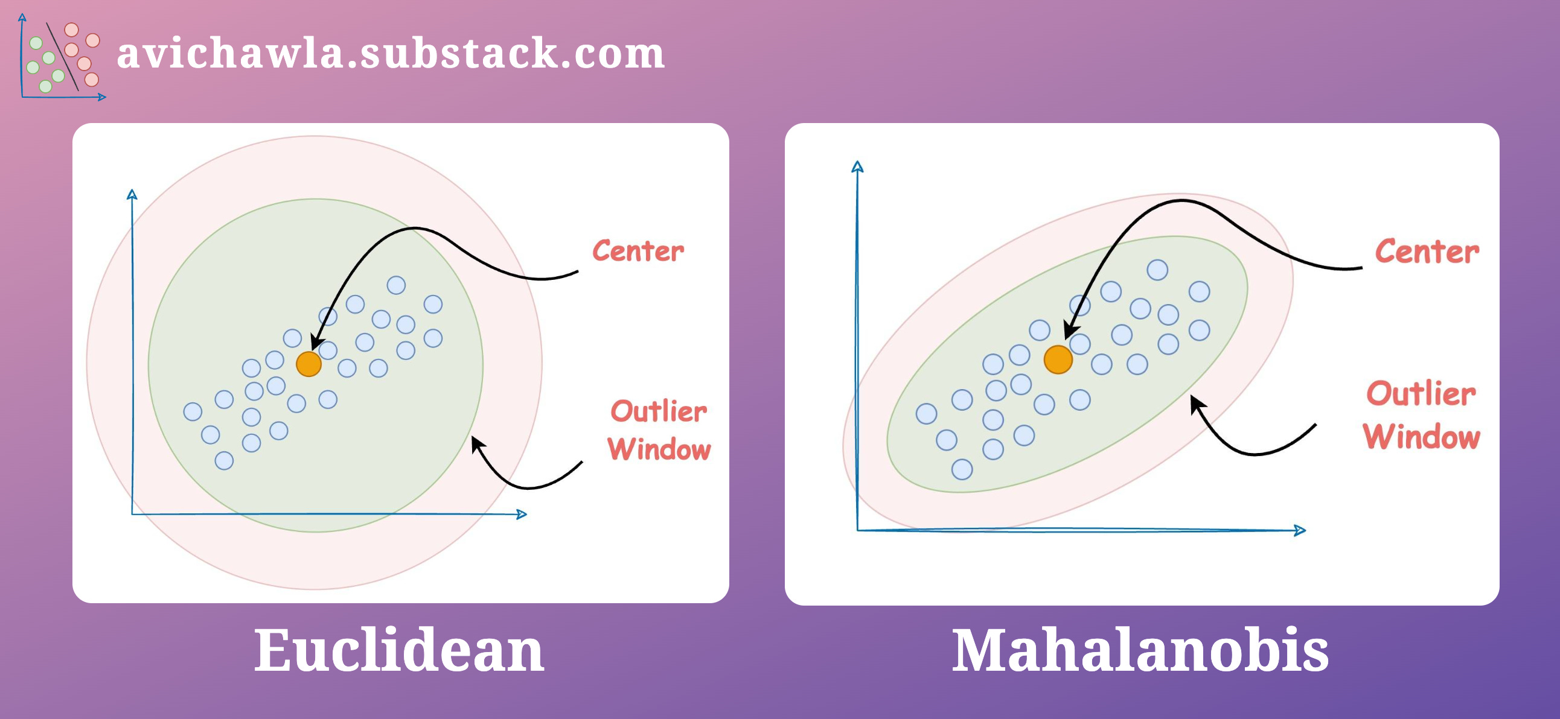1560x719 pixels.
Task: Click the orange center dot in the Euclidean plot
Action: (x=309, y=364)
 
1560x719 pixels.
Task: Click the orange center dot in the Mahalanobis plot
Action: (x=1058, y=359)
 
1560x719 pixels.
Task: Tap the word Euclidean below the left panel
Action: (x=398, y=650)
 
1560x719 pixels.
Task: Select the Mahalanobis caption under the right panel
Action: (x=1140, y=650)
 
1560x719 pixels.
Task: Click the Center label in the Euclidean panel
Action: (x=638, y=251)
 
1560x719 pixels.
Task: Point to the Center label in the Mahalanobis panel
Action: (x=1427, y=251)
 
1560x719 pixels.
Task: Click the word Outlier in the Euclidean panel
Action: (x=658, y=411)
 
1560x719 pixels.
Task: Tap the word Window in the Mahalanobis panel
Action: (x=1421, y=437)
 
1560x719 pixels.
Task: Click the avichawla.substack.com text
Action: (x=391, y=53)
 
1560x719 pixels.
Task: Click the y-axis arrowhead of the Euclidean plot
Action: (x=132, y=194)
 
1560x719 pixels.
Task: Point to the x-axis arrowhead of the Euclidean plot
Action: (x=522, y=515)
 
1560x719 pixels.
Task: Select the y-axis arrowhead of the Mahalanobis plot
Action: (x=857, y=166)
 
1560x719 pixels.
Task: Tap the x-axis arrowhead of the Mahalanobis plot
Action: (x=1300, y=530)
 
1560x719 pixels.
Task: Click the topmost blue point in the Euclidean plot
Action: (x=396, y=285)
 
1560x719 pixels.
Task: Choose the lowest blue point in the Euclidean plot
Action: (x=224, y=461)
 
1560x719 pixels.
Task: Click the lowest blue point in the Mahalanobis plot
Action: (x=962, y=469)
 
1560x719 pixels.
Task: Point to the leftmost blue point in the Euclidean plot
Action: (x=193, y=411)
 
